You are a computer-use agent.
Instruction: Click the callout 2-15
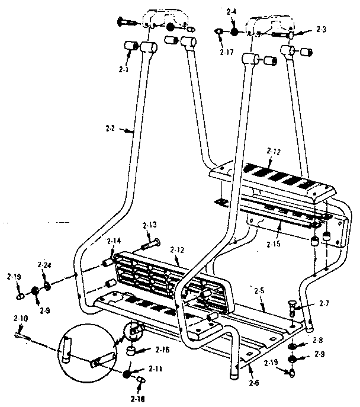(x=273, y=244)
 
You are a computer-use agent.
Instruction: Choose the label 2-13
(x=149, y=225)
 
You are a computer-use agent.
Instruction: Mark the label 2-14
(x=113, y=241)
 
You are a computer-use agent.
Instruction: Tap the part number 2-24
(x=43, y=265)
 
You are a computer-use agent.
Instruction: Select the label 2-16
(x=161, y=350)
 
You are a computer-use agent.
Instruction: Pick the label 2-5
(x=258, y=291)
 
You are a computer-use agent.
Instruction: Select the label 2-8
(x=318, y=341)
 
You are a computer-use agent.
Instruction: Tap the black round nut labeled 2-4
(x=234, y=31)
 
